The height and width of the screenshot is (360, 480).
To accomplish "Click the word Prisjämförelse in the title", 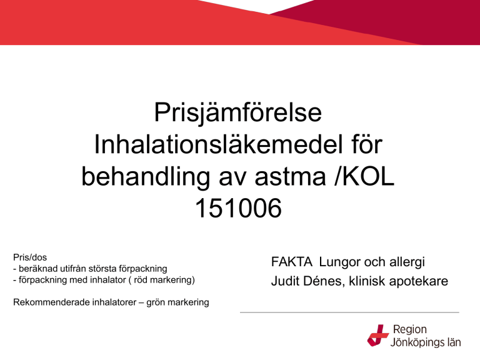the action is pos(238,113).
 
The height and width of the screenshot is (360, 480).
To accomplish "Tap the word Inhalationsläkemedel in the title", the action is pos(218,144).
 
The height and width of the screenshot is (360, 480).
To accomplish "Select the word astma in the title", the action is pos(290,177).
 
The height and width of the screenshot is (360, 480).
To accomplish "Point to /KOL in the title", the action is pos(364,177).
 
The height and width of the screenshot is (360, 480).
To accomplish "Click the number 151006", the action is pos(238,208).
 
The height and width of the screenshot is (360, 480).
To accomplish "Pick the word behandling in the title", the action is pos(146,177).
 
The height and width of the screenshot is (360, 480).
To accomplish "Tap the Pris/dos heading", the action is pos(30,257).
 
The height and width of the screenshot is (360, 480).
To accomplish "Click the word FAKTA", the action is pos(292,262).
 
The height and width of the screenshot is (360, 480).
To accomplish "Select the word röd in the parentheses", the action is pos(141,280).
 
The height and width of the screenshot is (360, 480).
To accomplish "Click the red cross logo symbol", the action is pos(378,336).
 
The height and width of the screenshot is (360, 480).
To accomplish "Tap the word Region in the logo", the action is pos(410,330).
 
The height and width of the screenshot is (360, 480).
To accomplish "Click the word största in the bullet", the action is pos(104,269).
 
